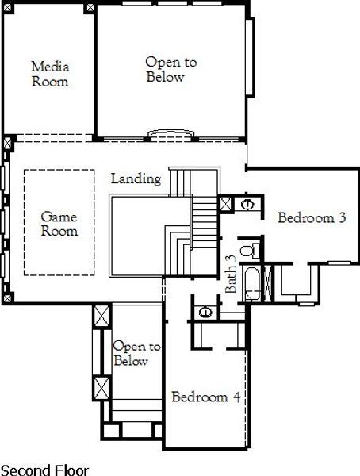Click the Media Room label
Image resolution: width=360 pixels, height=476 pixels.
[49, 74]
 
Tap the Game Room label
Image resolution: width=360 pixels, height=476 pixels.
[59, 223]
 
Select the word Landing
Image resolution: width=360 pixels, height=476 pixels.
[136, 179]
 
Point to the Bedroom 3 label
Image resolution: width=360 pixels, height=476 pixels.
[312, 218]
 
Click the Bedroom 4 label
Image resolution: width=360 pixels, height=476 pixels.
[205, 397]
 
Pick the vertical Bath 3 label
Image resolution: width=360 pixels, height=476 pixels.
[231, 274]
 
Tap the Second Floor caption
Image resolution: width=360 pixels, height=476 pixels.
[45, 470]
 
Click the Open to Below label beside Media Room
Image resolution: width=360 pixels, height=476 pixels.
[170, 70]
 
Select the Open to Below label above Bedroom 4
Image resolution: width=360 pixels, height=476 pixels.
[136, 354]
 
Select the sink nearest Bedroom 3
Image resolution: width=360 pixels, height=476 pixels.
[247, 204]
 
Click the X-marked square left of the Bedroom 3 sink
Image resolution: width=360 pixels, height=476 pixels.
[226, 204]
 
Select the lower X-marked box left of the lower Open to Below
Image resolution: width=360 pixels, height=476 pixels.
[100, 390]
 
